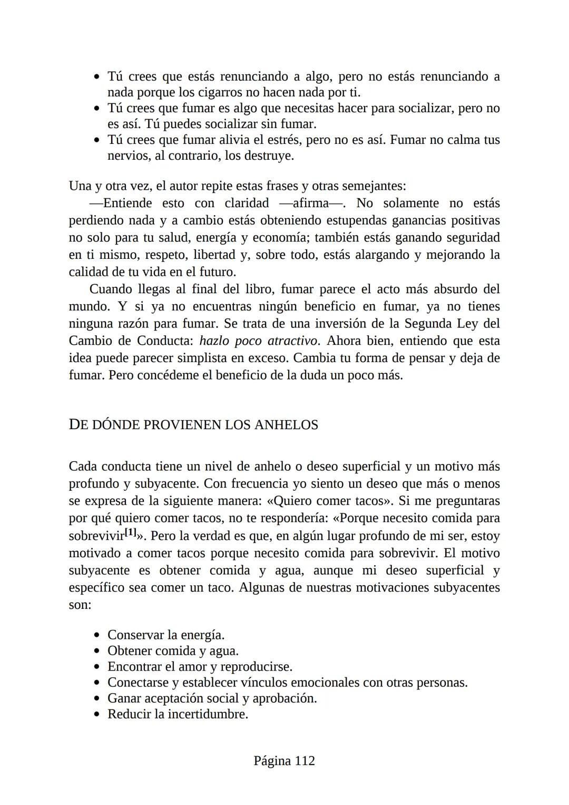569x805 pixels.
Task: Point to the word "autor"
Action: (x=180, y=187)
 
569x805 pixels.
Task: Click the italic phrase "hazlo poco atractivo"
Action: (x=259, y=341)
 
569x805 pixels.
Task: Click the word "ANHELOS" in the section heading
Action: (x=286, y=425)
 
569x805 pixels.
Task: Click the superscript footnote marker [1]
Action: (x=131, y=532)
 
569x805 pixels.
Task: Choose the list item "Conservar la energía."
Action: (x=166, y=635)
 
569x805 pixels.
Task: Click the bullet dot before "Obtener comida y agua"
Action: (x=96, y=652)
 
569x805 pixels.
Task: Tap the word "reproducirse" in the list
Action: (x=256, y=667)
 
